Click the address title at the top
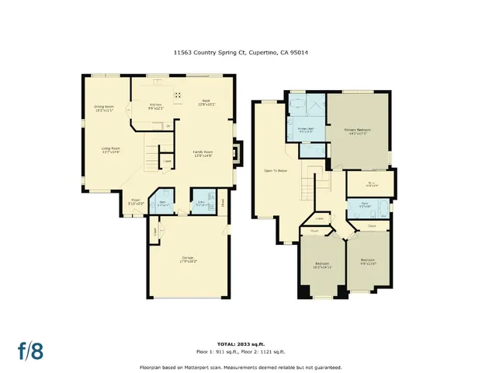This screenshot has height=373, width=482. tap(241, 53)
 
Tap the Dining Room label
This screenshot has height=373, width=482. tap(103, 110)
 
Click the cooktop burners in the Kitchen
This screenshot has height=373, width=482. tap(178, 96)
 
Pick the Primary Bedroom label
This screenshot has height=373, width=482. tap(359, 131)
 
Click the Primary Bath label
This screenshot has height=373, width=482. tap(306, 131)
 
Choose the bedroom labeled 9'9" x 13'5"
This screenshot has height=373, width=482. tap(367, 262)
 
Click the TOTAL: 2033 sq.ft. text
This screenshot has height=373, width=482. tap(241, 341)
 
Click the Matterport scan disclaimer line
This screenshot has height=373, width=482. tap(241, 366)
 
